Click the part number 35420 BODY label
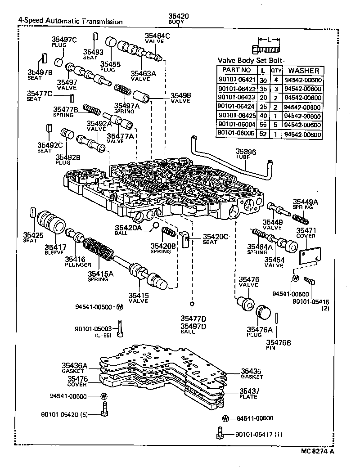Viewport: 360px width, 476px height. pyautogui.click(x=178, y=19)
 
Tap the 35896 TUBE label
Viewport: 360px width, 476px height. pyautogui.click(x=246, y=155)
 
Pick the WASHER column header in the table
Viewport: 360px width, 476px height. pyautogui.click(x=303, y=71)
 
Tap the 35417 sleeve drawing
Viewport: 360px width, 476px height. pyautogui.click(x=50, y=222)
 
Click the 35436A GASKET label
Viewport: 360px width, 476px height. pyautogui.click(x=74, y=368)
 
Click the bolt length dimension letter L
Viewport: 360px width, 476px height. pyautogui.click(x=269, y=40)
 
